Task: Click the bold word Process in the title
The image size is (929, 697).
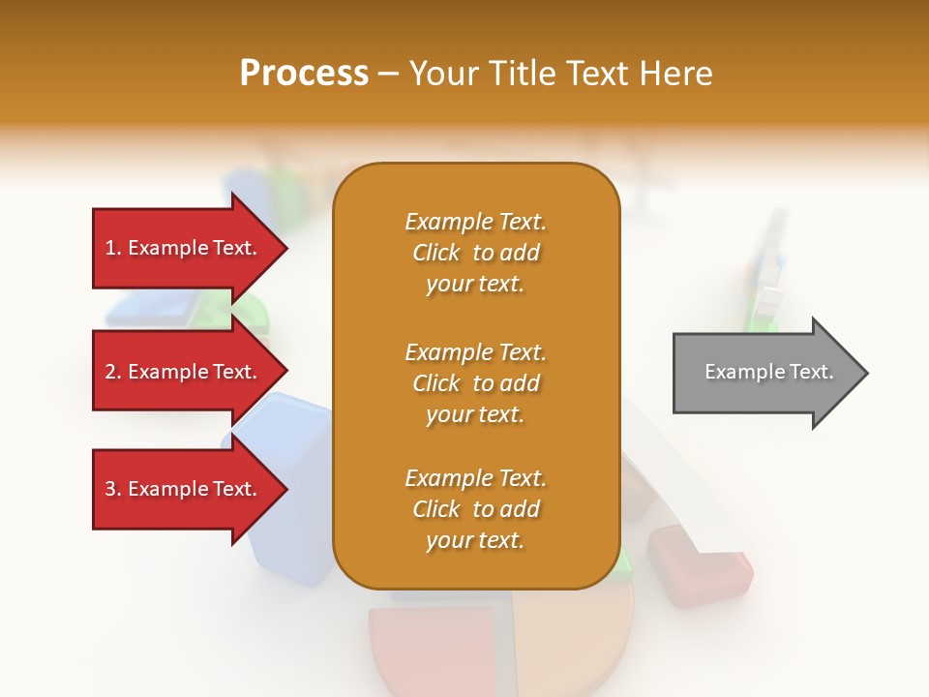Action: click(x=304, y=74)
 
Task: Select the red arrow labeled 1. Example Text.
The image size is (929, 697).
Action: click(x=184, y=249)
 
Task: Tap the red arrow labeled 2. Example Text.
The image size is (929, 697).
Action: click(x=184, y=373)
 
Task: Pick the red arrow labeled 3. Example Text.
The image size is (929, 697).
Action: click(x=184, y=490)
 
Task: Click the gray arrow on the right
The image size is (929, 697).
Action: click(x=764, y=373)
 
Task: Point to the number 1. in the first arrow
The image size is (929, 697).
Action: click(x=113, y=249)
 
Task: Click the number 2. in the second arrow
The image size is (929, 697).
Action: click(x=113, y=373)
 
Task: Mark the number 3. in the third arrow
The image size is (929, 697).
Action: click(x=113, y=490)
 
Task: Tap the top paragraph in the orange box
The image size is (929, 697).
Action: click(x=475, y=253)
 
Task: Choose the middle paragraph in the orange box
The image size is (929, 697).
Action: click(x=475, y=383)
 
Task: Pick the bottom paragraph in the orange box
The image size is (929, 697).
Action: click(x=475, y=509)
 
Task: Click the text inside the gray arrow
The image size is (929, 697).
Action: click(x=768, y=372)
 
